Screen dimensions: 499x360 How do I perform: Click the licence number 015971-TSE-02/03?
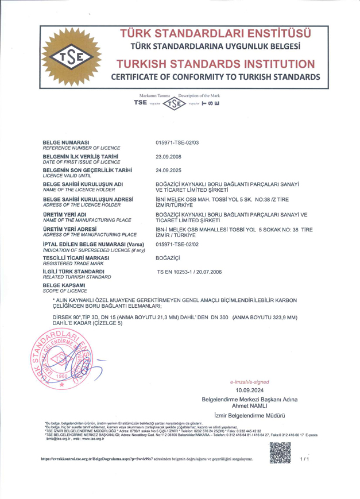click(x=177, y=142)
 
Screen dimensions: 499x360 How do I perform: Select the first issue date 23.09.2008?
click(x=168, y=156)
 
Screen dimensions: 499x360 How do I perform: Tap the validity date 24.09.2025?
click(x=168, y=170)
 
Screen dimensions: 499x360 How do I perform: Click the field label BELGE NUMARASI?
click(x=66, y=142)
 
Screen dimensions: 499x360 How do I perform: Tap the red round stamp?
click(x=55, y=360)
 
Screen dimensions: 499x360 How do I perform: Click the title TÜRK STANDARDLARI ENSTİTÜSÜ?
click(x=215, y=32)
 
